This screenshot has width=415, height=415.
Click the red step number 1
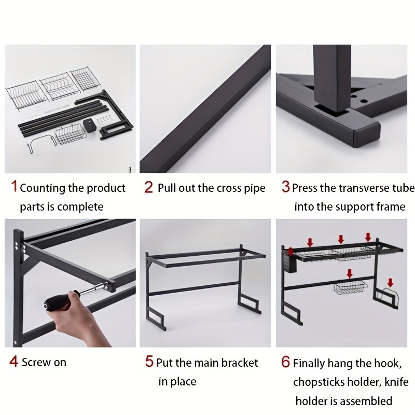(x=15, y=186)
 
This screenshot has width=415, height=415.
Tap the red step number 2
(x=149, y=187)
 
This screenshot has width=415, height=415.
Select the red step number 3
(x=286, y=186)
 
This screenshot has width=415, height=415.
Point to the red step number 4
(x=14, y=361)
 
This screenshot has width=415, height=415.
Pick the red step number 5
(x=149, y=361)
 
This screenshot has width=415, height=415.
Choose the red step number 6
(x=286, y=362)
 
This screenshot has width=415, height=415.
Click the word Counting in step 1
(x=43, y=188)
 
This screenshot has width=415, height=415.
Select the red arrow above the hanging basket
(x=350, y=274)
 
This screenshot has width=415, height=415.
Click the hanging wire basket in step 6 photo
(x=351, y=288)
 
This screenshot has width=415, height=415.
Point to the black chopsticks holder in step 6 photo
(x=290, y=263)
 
